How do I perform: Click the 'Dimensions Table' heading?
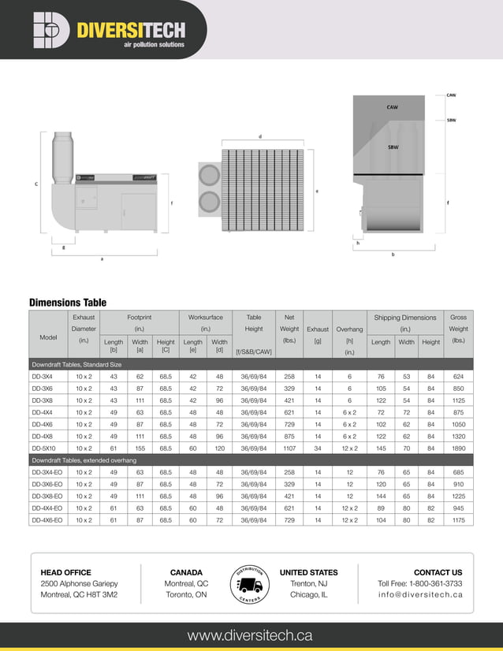[68, 302]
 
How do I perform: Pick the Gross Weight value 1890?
[458, 448]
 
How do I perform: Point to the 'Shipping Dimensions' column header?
[404, 318]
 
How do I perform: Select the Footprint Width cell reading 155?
[140, 448]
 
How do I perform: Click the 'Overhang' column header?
[348, 329]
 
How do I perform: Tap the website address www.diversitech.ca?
[250, 635]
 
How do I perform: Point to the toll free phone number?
[420, 583]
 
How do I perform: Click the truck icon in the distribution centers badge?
[250, 585]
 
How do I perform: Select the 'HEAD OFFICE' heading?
[66, 572]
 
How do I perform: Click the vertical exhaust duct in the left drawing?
[62, 158]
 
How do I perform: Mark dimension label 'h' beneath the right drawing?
[358, 244]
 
